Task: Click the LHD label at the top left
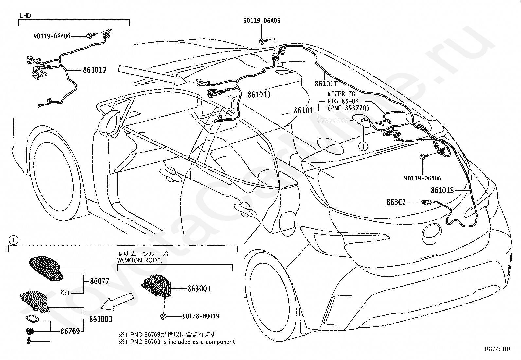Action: point(25,16)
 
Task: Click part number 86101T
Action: point(326,84)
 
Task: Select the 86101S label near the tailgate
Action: point(442,190)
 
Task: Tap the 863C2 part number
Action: point(396,202)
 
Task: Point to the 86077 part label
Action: point(99,281)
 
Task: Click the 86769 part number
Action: point(70,331)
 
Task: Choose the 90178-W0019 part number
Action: point(201,316)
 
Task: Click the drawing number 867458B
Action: point(497,349)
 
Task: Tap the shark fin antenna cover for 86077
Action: point(46,269)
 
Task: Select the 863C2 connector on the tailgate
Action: point(426,202)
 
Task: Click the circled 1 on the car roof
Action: point(363,146)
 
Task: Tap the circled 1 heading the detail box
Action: point(13,240)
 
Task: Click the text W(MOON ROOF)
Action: point(140,260)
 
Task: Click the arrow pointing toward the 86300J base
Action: point(117,302)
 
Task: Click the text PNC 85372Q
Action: point(348,108)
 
